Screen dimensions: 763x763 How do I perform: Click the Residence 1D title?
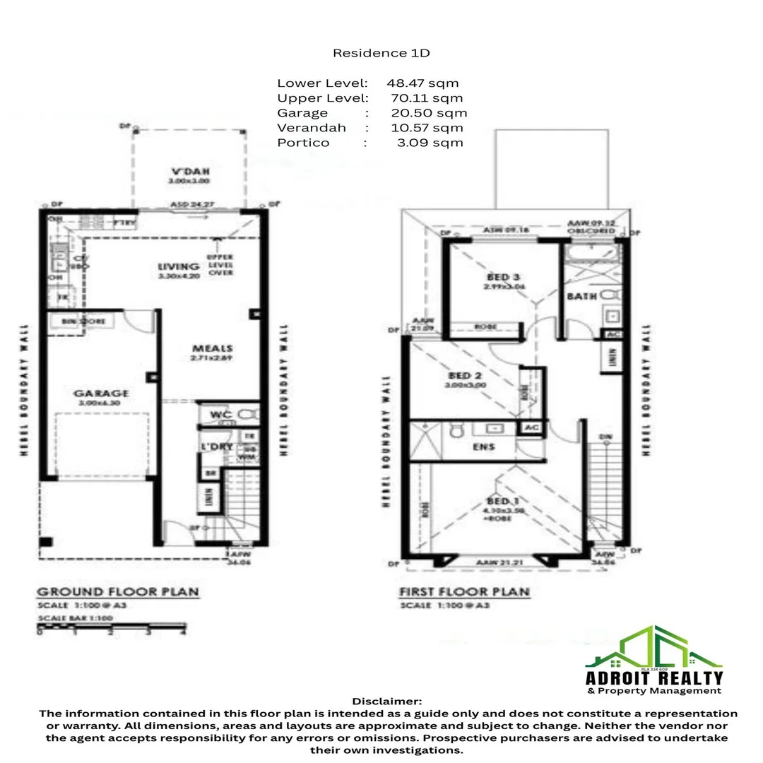(381, 53)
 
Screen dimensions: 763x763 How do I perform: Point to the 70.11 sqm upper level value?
(427, 98)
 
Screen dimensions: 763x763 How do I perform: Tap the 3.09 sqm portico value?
(430, 143)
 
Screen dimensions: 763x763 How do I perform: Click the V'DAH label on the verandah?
(190, 171)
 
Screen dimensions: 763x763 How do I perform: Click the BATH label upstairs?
(581, 297)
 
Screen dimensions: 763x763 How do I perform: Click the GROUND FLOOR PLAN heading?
(117, 592)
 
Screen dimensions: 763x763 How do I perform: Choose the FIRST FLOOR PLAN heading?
(464, 592)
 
